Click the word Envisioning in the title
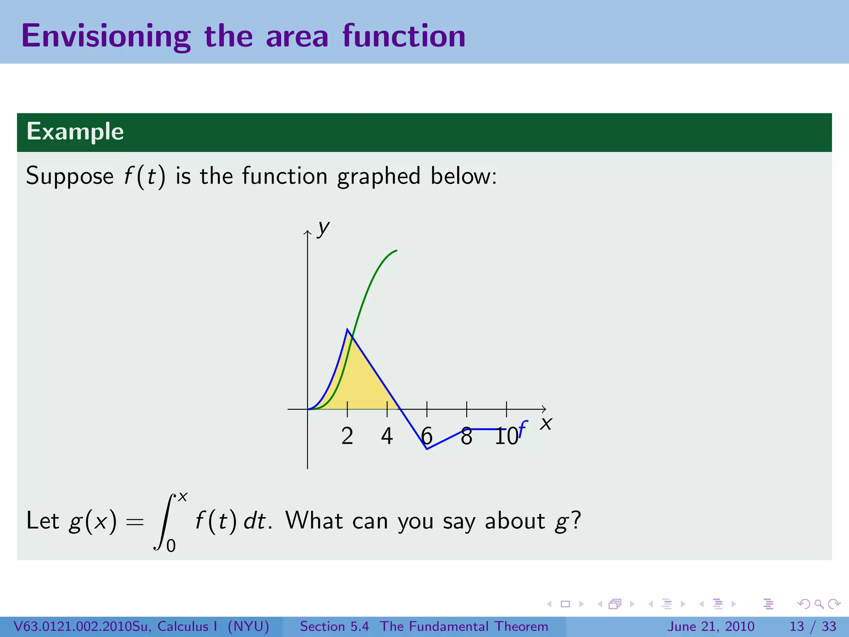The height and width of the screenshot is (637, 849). point(106,36)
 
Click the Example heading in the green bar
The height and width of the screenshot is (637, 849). point(75,131)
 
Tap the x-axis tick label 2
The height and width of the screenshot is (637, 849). point(347,436)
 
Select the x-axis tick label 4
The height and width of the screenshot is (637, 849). point(387,436)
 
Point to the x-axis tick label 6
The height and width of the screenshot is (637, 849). point(427,436)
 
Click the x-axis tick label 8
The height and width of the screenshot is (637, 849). point(466,436)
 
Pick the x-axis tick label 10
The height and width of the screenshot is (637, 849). point(506,436)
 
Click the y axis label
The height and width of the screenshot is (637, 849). point(323,228)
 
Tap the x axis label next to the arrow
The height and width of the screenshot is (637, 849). point(546,423)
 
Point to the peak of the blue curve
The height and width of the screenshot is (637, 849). point(347,329)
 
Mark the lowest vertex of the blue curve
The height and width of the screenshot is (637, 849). point(427,449)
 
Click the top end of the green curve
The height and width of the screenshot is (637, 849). point(396,250)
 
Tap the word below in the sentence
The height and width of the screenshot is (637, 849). point(463,176)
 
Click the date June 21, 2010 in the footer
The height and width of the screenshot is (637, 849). point(711,626)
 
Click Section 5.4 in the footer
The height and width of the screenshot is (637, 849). point(334,626)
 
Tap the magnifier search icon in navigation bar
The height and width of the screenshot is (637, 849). point(819,604)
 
